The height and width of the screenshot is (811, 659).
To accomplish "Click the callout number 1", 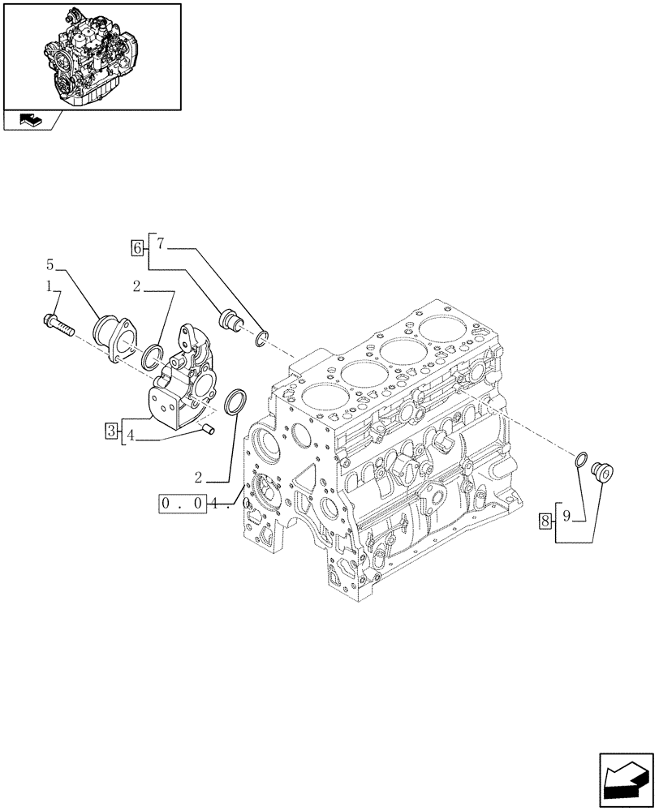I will point(50,286).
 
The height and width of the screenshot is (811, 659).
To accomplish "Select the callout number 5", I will point(50,264).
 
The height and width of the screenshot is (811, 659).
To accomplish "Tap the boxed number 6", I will point(137,246).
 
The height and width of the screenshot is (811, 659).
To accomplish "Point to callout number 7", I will point(161,243).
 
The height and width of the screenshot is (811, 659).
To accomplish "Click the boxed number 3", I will point(111,430).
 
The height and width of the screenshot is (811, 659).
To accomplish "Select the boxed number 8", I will point(545,520).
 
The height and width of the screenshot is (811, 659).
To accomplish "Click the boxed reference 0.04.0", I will point(204,503).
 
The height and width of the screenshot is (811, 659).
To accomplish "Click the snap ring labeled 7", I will point(261,338).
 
